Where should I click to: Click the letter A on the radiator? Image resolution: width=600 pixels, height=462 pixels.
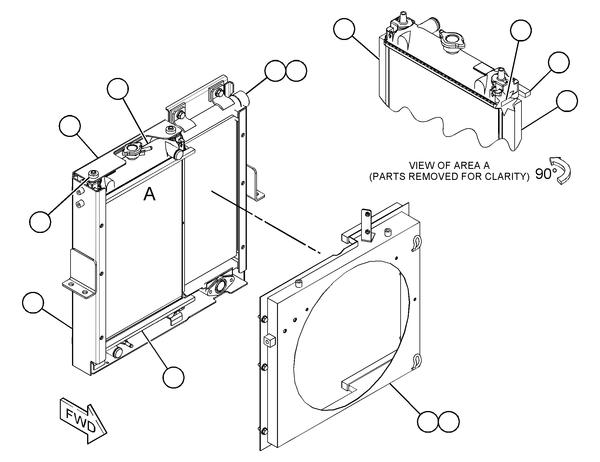(x=149, y=194)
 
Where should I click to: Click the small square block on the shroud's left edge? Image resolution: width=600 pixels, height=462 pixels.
(x=269, y=340)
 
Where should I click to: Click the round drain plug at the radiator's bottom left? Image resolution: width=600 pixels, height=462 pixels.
(x=118, y=352)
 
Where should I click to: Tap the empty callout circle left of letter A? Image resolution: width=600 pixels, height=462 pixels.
(x=40, y=222)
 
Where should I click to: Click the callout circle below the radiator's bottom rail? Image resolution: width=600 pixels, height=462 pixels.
(x=173, y=377)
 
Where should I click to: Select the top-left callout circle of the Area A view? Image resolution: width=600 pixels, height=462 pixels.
(x=344, y=29)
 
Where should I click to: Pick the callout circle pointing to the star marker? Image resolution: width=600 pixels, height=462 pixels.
(x=521, y=30)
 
